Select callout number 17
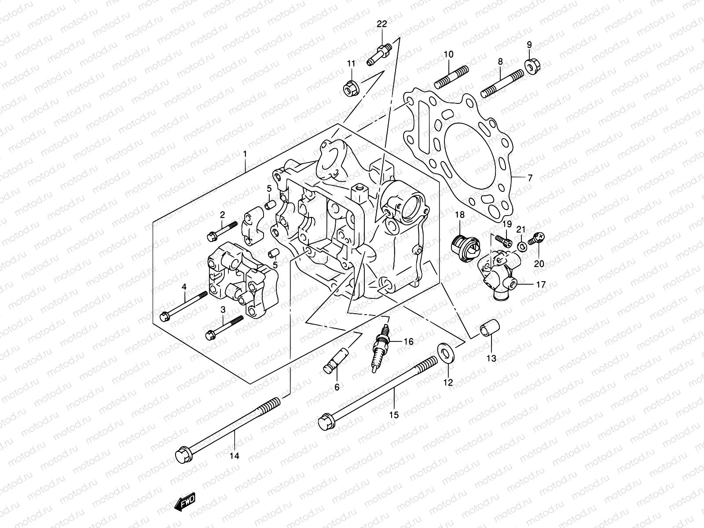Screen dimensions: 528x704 coord(541,285)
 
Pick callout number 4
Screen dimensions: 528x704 coord(184,287)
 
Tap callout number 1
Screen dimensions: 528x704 coord(245,154)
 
